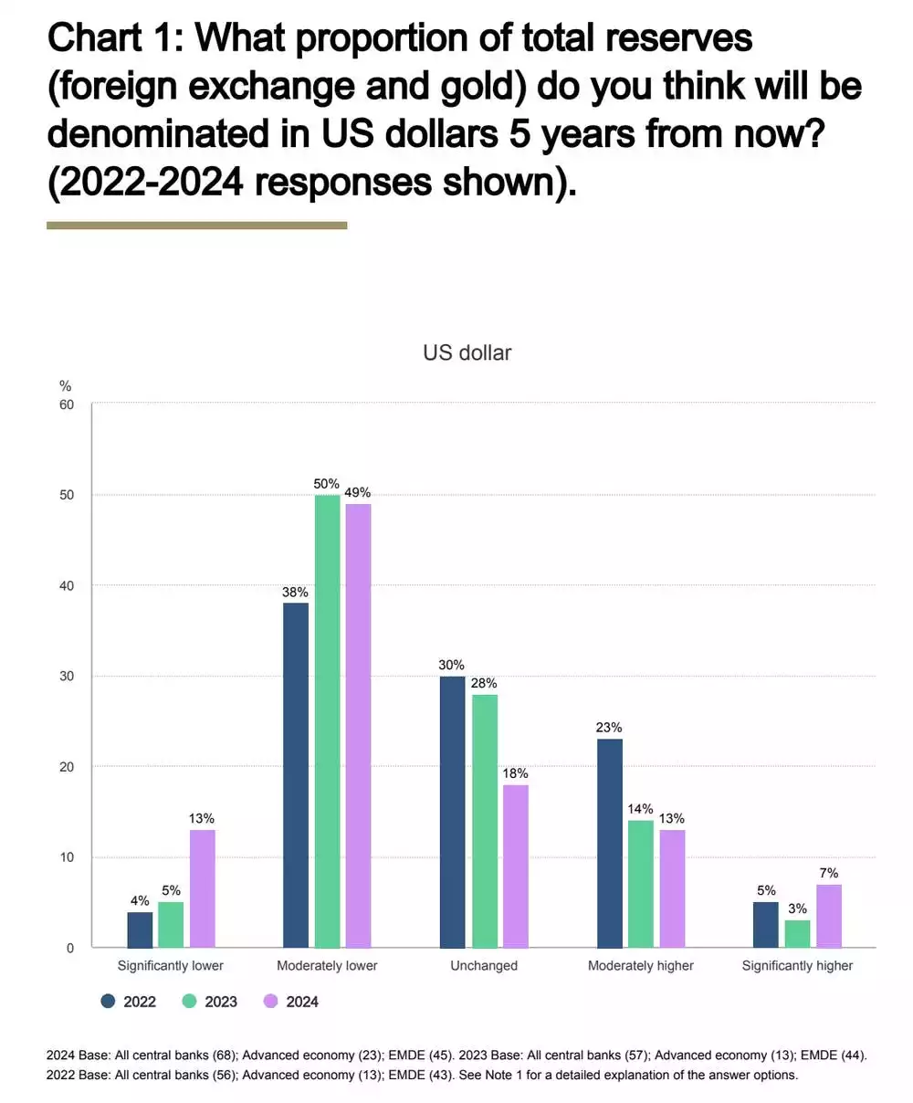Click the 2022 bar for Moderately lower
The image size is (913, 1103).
(296, 775)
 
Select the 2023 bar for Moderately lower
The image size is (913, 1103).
(327, 721)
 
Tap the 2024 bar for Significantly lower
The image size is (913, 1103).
(202, 888)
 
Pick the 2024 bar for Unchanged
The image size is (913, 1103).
(515, 866)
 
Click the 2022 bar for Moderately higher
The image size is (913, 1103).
(609, 843)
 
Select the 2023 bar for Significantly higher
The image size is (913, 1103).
(797, 933)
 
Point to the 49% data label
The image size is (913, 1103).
(358, 493)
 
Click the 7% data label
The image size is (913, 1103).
(828, 873)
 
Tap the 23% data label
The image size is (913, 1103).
(609, 728)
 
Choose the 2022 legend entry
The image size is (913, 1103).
(129, 1002)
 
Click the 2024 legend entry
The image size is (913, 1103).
(291, 1002)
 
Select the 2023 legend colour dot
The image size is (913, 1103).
(190, 1002)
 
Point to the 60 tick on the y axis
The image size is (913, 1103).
(67, 404)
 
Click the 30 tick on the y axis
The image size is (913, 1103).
(67, 676)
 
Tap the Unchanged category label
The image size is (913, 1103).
(484, 965)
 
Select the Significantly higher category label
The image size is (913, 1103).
(797, 965)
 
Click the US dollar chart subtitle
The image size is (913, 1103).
(467, 352)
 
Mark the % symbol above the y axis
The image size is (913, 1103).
(66, 386)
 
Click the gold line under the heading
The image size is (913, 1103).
(196, 225)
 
